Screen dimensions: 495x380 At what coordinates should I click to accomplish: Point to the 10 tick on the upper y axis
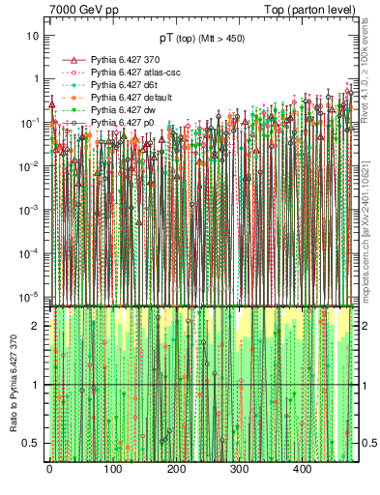pos(32,35)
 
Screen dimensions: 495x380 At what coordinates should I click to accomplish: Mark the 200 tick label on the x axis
pos(176,470)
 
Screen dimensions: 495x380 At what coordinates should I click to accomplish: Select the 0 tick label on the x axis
pos(49,470)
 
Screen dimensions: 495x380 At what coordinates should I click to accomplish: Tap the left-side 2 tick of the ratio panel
pos(37,326)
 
